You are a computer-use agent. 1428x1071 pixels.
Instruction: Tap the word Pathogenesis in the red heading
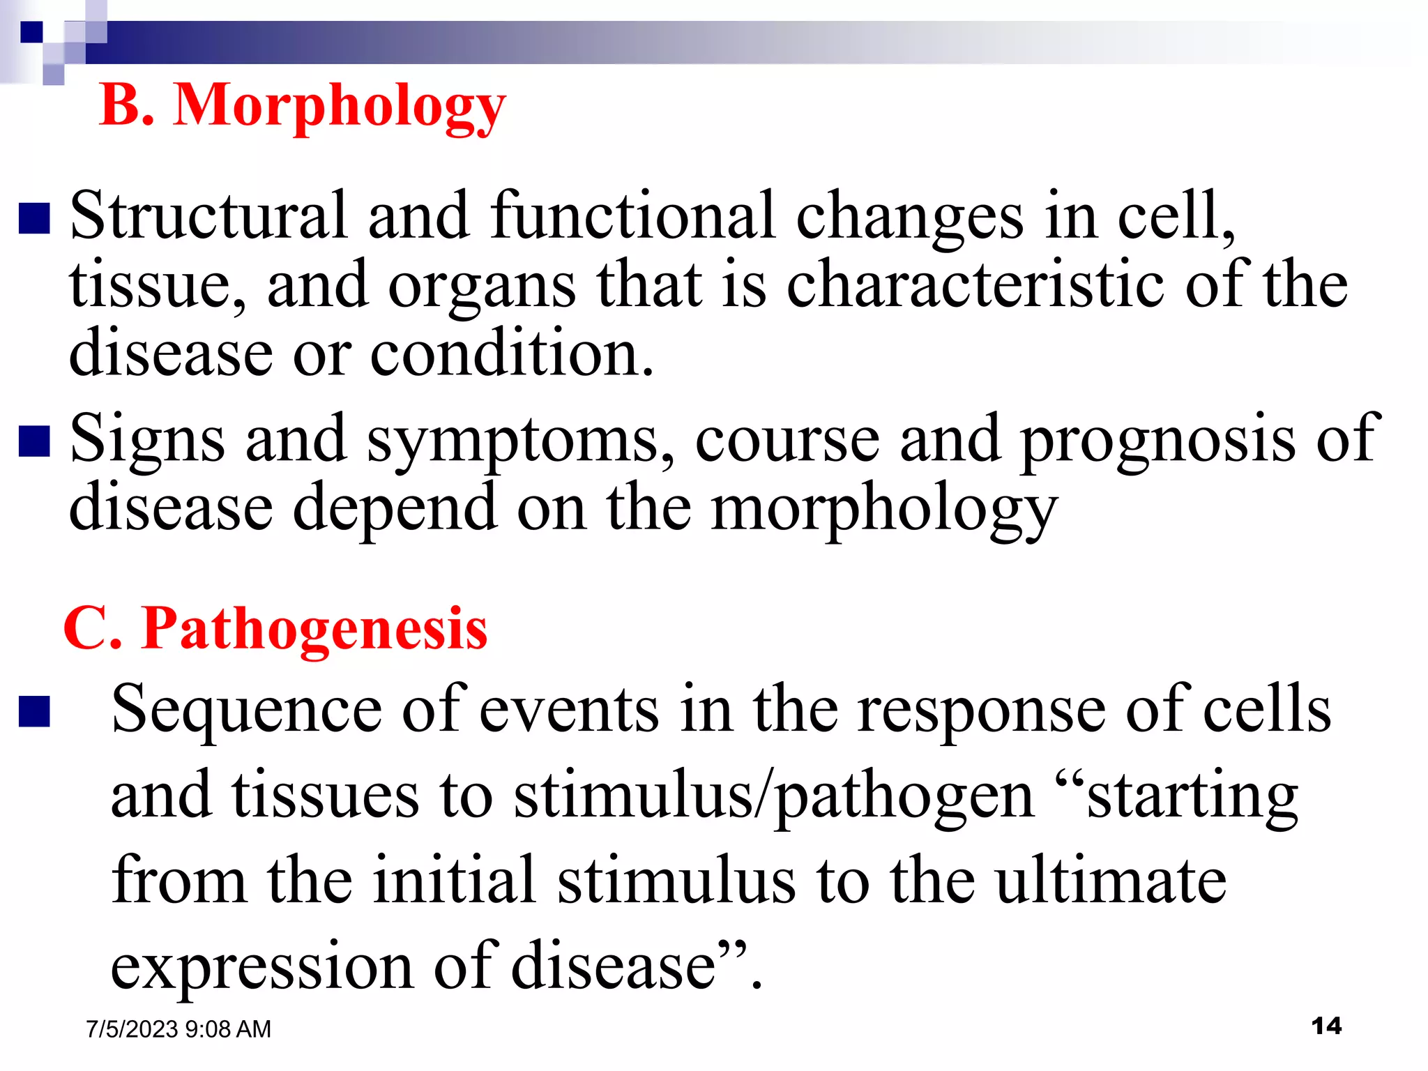click(314, 629)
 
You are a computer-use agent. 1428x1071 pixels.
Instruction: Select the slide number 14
click(1326, 1026)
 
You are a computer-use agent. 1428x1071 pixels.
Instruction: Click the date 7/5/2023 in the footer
click(132, 1029)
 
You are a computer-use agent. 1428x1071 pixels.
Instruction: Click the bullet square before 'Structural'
click(34, 218)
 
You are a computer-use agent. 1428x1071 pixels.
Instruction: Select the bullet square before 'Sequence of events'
click(34, 712)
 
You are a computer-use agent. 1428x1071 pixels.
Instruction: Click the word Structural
click(208, 216)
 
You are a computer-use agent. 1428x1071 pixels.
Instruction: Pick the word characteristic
click(976, 284)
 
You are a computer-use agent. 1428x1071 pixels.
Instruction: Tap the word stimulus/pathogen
click(774, 796)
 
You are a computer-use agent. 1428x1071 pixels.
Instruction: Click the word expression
click(262, 966)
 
